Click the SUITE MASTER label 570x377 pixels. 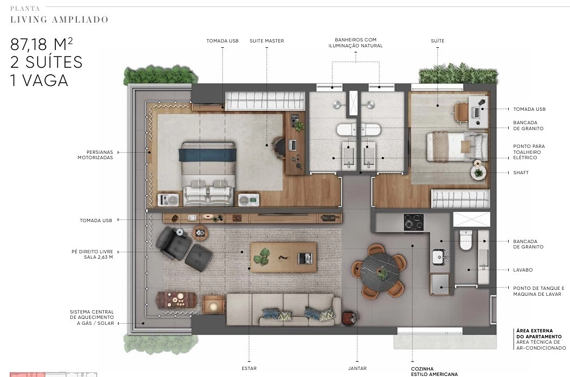click(266, 41)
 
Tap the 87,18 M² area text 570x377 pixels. click(41, 44)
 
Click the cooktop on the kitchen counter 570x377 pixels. click(414, 222)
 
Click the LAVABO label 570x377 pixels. click(523, 270)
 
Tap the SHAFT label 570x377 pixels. click(521, 173)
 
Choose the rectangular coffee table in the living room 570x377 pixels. click(283, 257)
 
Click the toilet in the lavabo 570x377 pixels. click(466, 240)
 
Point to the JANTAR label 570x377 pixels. click(357, 368)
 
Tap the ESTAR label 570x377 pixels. click(249, 368)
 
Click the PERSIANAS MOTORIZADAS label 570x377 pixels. click(95, 155)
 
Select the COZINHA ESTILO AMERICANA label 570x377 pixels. click(435, 371)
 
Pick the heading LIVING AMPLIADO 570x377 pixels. click(59, 20)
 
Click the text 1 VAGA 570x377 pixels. click(39, 81)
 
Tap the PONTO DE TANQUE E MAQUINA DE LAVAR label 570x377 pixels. click(539, 291)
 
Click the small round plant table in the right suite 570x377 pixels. click(478, 173)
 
